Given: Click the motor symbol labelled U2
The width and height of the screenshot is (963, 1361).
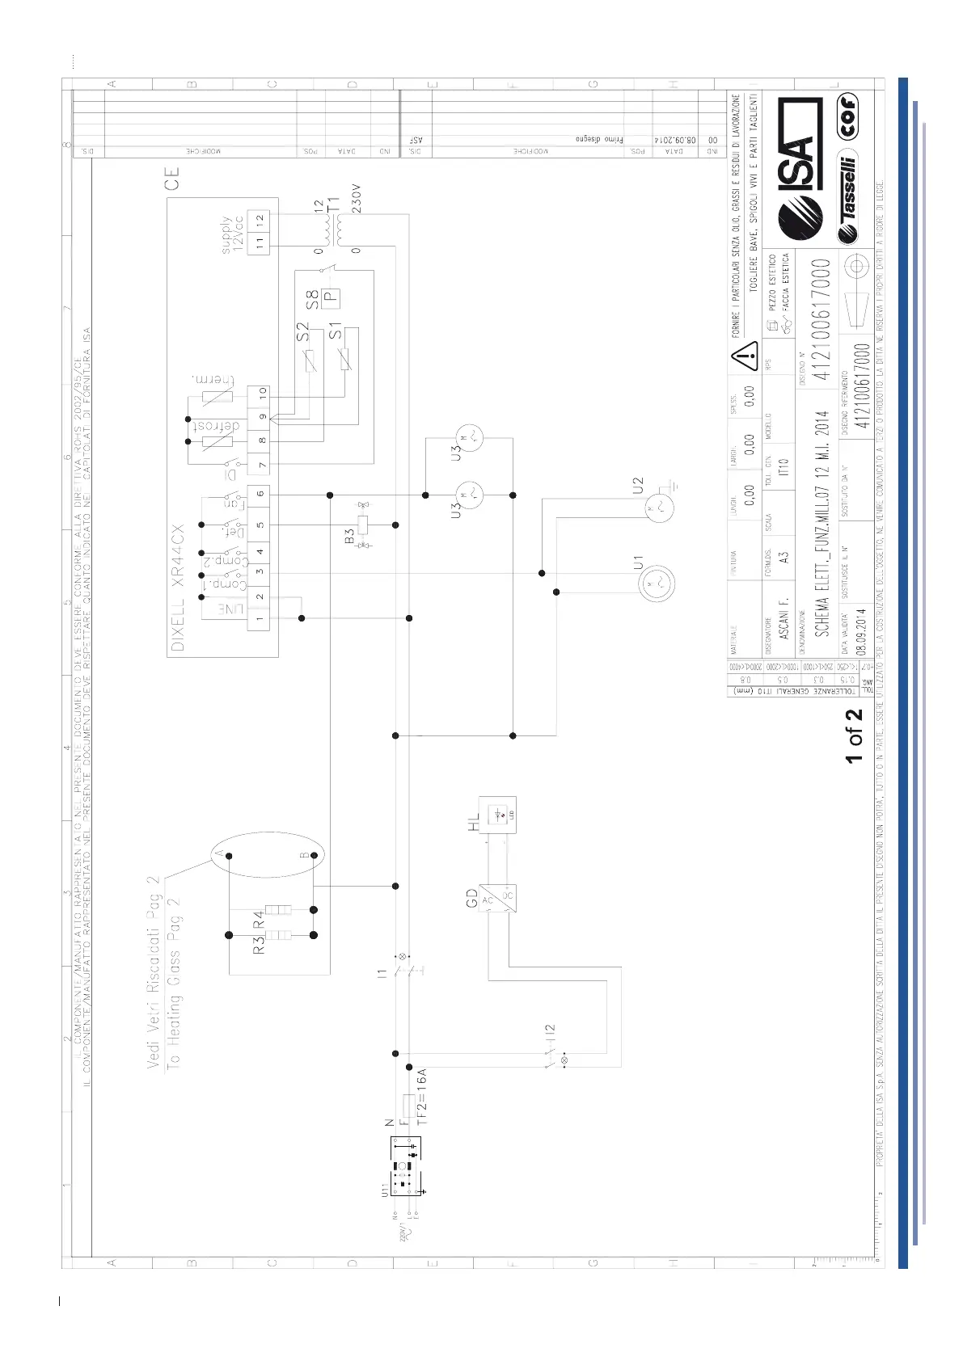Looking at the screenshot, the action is click(x=657, y=508).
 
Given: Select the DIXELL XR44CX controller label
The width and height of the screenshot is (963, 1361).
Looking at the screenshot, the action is click(x=178, y=588).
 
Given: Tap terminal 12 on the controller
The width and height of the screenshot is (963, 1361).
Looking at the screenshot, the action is click(x=260, y=218).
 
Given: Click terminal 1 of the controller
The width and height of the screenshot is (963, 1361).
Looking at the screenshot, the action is click(x=260, y=618).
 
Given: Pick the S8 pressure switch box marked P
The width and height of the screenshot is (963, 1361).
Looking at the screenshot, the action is click(x=331, y=297).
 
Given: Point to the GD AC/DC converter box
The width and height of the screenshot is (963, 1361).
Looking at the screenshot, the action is click(x=496, y=898).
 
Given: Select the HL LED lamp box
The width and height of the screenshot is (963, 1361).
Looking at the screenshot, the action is click(x=497, y=815).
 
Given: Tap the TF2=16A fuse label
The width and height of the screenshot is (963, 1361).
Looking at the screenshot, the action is click(x=421, y=1096).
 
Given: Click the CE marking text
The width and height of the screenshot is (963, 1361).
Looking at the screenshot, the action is click(x=171, y=178).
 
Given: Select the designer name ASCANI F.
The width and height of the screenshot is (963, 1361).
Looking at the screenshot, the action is click(x=783, y=619).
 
